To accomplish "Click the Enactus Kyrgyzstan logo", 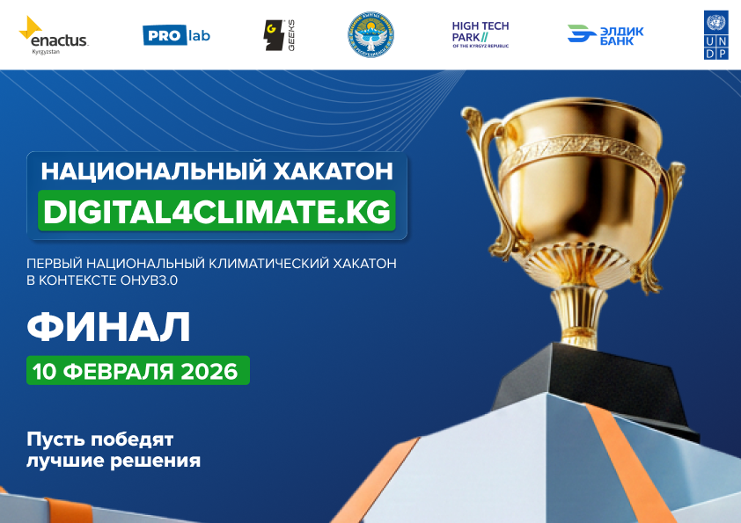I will tap(54, 34).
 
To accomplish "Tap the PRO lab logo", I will tap(176, 35).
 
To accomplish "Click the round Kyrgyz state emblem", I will tap(370, 35).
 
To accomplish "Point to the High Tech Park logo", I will tap(480, 35).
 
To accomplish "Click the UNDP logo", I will tap(716, 35).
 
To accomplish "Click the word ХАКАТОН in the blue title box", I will tap(334, 170).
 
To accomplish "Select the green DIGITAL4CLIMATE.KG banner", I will tap(216, 212).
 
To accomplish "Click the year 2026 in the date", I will tap(209, 371).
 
